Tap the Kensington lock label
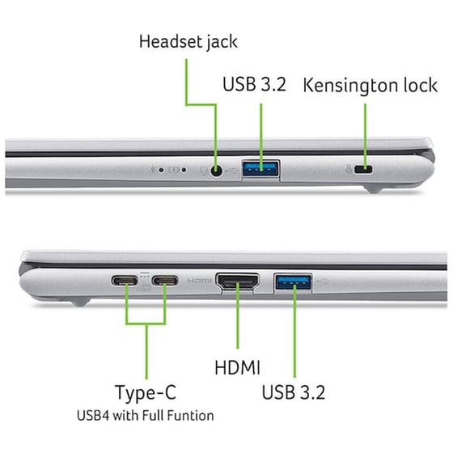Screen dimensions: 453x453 (369, 86)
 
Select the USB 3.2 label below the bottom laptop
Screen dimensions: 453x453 (294, 393)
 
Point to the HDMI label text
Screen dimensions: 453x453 (237, 368)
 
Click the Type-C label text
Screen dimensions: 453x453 (146, 393)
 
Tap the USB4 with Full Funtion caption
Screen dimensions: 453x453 (146, 416)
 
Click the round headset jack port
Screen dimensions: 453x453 (216, 170)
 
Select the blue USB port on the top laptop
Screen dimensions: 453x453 (261, 169)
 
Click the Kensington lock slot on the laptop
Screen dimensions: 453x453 (365, 170)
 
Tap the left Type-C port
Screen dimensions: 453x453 (126, 282)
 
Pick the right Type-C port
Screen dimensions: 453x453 (165, 282)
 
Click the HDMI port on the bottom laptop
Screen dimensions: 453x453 (237, 282)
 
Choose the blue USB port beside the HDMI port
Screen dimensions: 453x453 (293, 282)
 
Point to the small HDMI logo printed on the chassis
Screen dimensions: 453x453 (199, 282)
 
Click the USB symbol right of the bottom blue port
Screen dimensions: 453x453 (325, 281)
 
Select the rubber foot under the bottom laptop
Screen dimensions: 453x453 (77, 302)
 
